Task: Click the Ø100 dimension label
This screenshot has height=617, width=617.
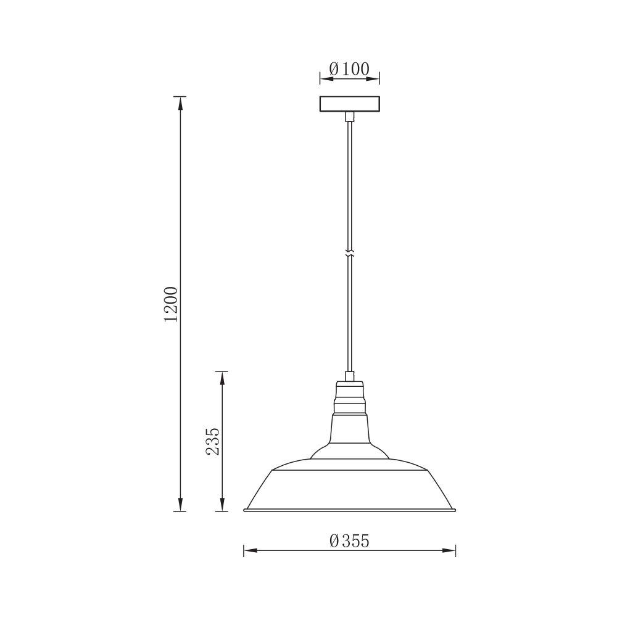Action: (x=349, y=69)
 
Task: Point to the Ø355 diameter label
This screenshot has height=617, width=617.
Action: (x=349, y=541)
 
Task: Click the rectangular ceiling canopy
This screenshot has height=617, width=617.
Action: (x=350, y=105)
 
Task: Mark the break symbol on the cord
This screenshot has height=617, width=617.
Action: (x=350, y=254)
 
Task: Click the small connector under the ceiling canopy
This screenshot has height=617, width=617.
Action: (x=350, y=117)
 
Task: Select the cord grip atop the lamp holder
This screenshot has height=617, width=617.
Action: (x=350, y=376)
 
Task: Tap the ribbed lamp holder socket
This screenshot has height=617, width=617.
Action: (x=350, y=397)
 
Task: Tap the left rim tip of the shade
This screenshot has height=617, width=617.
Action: (x=246, y=510)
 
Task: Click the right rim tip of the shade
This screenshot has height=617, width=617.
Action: (x=455, y=510)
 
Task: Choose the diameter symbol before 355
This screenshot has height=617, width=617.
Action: (x=334, y=541)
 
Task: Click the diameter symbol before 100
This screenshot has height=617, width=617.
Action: (x=333, y=69)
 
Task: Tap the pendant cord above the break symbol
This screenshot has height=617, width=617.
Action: (x=350, y=185)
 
